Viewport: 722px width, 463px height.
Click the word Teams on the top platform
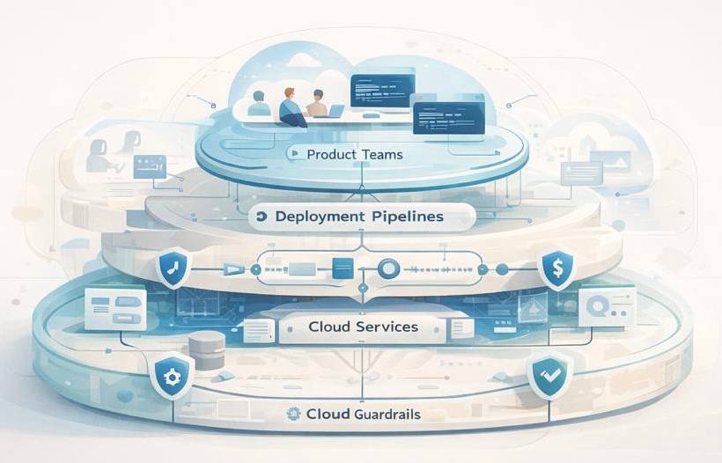click(381, 155)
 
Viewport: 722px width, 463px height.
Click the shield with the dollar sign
click(556, 269)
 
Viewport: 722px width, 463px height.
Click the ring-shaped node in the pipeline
click(387, 268)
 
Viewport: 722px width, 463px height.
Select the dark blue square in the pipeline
click(344, 268)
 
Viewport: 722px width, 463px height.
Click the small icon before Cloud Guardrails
click(294, 414)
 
